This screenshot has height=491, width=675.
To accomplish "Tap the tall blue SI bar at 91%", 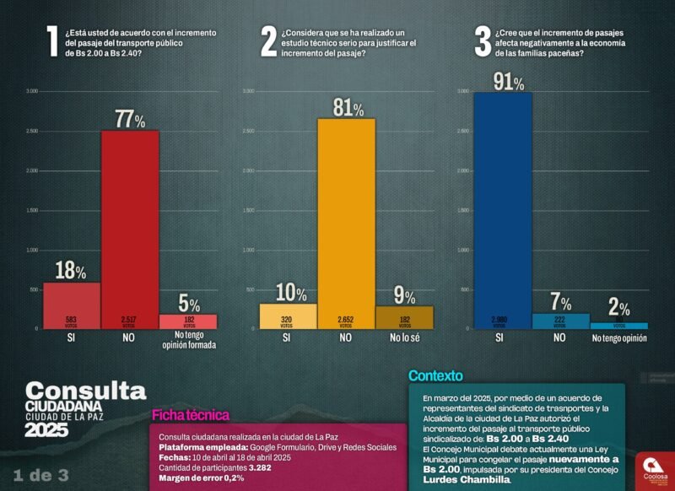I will tap(502, 211).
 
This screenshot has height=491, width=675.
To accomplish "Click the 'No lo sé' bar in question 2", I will tap(404, 317).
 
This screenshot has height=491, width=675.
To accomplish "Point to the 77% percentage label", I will tap(131, 119).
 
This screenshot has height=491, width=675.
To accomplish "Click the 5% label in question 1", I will tap(189, 305).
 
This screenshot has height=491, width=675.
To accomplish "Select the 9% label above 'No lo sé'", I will tap(404, 296).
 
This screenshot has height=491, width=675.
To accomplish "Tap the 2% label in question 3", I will tap(618, 308).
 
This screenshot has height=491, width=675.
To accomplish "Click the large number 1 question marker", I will tap(52, 41).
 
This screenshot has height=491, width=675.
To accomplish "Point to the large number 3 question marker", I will tap(483, 41).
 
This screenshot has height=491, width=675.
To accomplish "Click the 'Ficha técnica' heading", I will tap(190, 414).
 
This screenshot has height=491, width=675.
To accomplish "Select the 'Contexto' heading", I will tap(435, 375).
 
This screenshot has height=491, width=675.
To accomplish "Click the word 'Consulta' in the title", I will tap(85, 390).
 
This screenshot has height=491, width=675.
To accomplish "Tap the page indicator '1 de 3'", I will tap(40, 474).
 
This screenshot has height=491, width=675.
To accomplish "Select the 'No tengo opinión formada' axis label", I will tap(189, 340).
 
